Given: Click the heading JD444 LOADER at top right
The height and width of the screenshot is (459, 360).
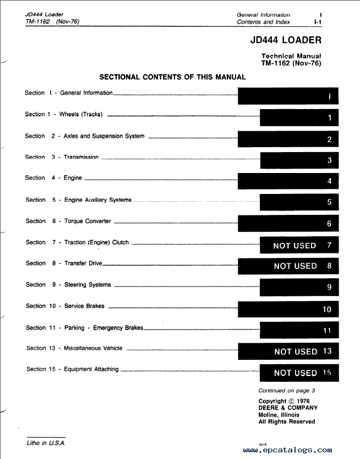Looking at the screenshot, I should [285, 40].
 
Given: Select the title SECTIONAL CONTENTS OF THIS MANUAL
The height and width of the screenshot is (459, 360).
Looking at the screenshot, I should [172, 77].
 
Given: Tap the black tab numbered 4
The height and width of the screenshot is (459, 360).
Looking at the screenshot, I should [288, 181].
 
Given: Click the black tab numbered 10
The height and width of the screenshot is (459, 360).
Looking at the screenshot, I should [288, 309].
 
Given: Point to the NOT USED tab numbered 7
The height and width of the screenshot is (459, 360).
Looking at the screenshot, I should [299, 245].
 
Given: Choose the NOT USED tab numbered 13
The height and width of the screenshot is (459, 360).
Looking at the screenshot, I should [288, 351].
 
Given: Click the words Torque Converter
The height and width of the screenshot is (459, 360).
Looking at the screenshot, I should [88, 221].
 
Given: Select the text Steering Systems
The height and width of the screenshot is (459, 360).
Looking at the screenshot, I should [88, 285].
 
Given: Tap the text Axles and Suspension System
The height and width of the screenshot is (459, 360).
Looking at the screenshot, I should [104, 136].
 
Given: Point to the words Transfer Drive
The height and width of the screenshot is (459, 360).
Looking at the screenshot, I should [83, 263].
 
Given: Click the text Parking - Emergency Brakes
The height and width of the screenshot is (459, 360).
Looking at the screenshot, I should [103, 328].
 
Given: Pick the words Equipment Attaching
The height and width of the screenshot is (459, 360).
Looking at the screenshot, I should [91, 369].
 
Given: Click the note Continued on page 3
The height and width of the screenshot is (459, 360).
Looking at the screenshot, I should [287, 391].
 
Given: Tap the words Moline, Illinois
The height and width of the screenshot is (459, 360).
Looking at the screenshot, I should [279, 415].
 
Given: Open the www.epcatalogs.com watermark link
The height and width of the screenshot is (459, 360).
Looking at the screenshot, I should [287, 450].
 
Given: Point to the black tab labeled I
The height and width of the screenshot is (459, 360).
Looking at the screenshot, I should [288, 96].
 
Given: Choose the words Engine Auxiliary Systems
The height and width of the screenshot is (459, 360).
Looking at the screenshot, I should [98, 200].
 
